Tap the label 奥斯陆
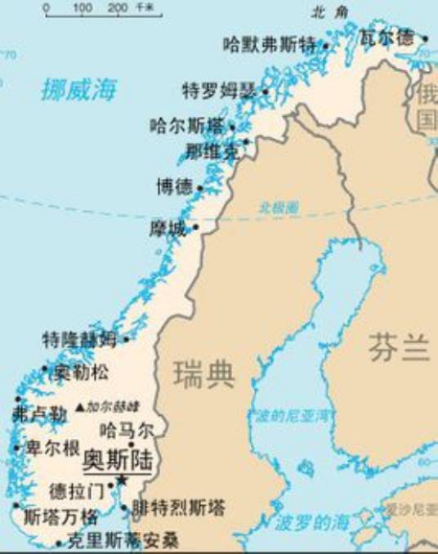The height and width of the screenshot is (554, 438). [118, 460]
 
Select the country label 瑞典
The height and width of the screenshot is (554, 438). [204, 374]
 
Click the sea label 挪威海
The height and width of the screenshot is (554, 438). [79, 89]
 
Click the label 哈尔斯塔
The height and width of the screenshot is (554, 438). [186, 126]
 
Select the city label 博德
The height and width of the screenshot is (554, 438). [174, 187]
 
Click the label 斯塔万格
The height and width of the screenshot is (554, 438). [60, 516]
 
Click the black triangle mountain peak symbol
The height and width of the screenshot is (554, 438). [79, 406]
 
